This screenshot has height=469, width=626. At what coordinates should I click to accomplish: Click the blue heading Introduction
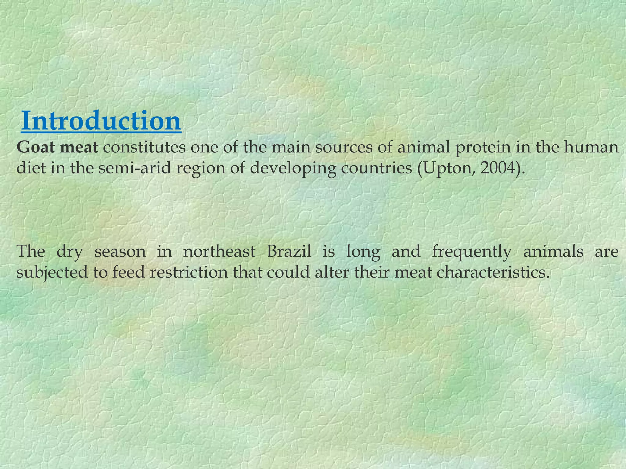[101, 121]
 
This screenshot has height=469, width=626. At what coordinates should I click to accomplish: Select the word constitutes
[144, 147]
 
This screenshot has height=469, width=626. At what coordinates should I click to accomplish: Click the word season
[120, 252]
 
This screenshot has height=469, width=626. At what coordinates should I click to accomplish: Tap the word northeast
[219, 252]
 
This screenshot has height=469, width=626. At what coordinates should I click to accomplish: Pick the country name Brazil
[289, 252]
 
